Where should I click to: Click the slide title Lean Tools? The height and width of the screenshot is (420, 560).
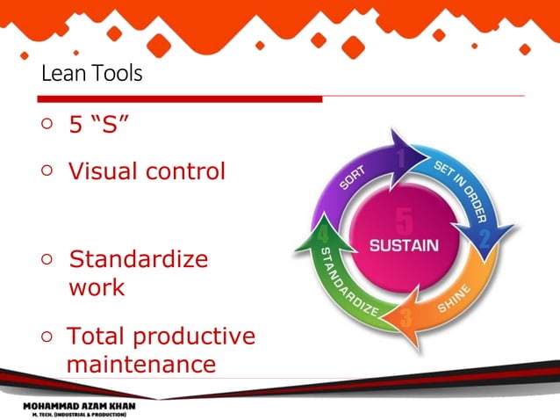91,74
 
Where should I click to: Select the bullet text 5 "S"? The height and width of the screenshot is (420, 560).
99,126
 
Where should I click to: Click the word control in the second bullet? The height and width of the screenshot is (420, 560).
185,170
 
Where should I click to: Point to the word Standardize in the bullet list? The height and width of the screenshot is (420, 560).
139,260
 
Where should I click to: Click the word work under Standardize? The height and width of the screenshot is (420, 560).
97,287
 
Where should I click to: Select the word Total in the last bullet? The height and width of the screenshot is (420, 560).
97,337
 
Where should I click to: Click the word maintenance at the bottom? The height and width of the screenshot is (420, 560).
140,364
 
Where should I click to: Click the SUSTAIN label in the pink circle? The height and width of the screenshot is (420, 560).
403,246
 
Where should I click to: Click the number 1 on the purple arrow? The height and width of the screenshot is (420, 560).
400,158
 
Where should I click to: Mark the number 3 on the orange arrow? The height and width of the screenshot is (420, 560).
406,318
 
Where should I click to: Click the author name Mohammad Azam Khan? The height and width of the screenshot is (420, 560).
79,406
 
